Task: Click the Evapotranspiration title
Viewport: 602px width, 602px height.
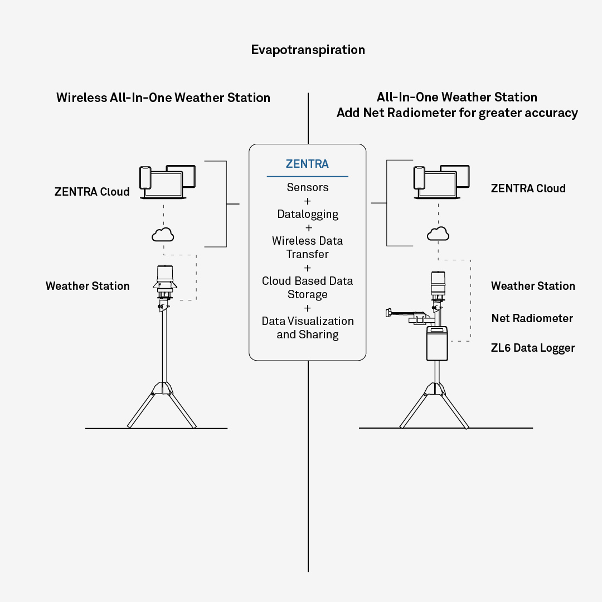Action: pos(308,50)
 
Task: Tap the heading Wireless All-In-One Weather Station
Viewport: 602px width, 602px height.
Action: pos(163,98)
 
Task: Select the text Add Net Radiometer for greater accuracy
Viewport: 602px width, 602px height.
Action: pos(457,113)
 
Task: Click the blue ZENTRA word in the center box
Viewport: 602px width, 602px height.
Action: pos(307,164)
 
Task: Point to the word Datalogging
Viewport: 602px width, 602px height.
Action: pos(308,214)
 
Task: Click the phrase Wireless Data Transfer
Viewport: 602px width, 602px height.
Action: pos(308,247)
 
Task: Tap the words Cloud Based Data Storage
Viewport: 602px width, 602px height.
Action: pos(308,288)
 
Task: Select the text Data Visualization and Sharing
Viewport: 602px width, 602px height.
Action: pos(308,328)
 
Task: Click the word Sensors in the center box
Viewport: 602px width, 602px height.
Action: pos(308,187)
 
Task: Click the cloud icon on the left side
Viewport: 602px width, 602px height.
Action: pos(163,235)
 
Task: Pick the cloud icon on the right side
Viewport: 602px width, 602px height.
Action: pos(438,234)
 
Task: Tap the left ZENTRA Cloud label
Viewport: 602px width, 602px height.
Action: pos(92,192)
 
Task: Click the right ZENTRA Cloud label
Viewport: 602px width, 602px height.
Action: pos(528,188)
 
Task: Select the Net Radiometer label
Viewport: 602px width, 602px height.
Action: pos(532,318)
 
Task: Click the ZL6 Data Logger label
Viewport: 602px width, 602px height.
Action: pos(532,348)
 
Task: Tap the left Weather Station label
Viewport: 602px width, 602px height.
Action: pos(88,286)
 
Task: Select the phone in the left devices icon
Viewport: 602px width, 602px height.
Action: pos(145,178)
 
